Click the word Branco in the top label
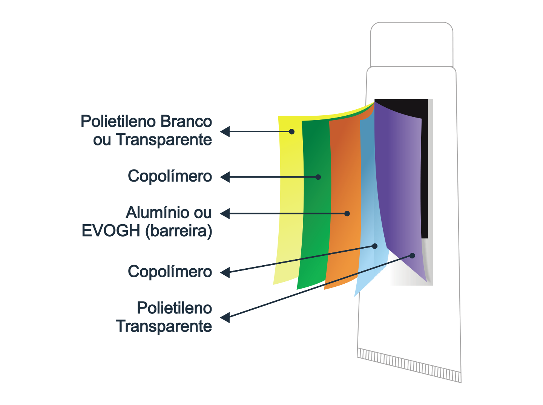(x=186, y=121)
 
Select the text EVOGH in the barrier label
(x=111, y=231)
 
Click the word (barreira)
(x=179, y=231)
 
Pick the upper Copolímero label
(x=170, y=176)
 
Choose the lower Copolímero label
(x=170, y=271)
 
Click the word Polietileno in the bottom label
(x=175, y=308)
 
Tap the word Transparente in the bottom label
(x=164, y=326)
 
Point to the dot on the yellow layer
(x=291, y=131)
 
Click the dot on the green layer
(x=318, y=177)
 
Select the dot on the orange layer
(x=347, y=214)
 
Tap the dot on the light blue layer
(x=375, y=246)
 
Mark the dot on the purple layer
(x=412, y=256)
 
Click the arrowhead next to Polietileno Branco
(x=225, y=131)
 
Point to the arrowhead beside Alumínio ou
(x=225, y=214)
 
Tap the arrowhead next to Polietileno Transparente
(x=225, y=317)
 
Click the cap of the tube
(x=412, y=44)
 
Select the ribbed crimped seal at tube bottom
(x=409, y=365)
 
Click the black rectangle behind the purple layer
(x=425, y=173)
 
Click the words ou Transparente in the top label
(x=152, y=140)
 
